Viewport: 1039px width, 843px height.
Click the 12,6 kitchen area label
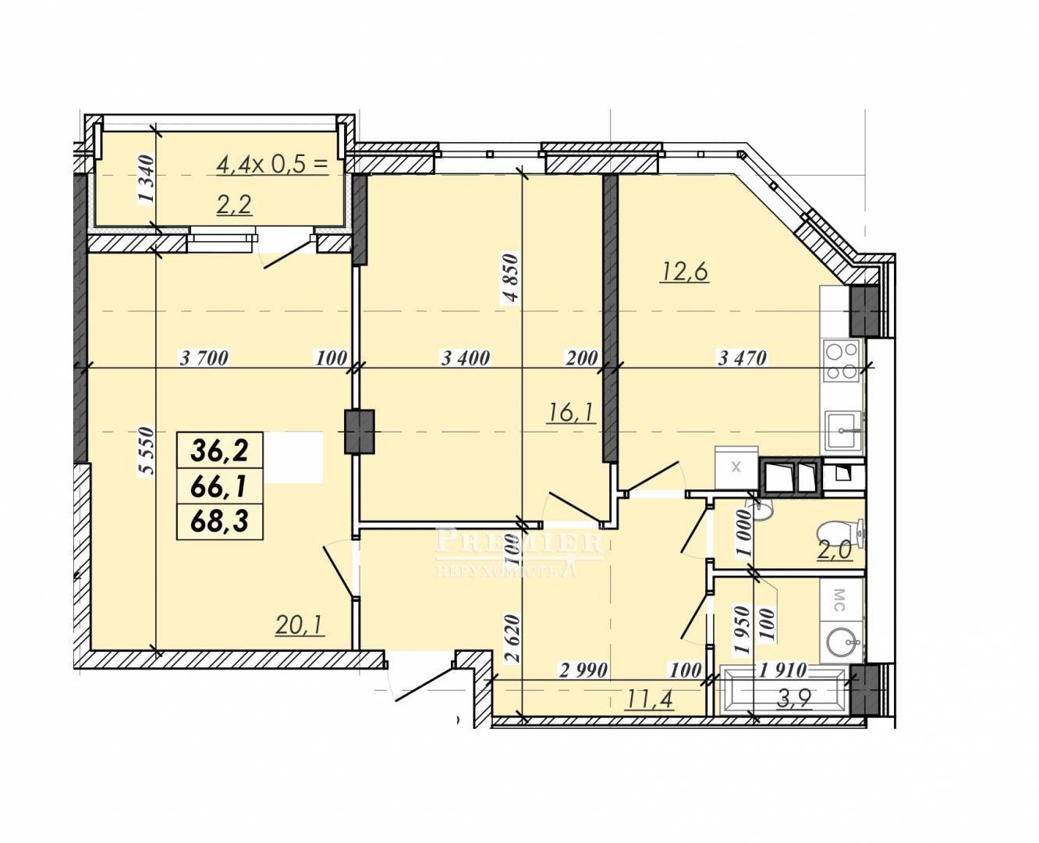[684, 272]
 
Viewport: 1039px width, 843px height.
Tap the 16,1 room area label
[571, 413]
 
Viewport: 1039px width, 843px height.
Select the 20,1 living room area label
[300, 625]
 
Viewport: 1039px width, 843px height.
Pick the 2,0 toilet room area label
[835, 550]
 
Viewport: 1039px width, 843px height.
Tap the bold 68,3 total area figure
[220, 521]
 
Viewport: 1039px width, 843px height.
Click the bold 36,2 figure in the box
[220, 450]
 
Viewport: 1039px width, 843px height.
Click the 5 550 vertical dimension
[147, 450]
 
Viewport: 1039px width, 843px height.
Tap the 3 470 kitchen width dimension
[743, 358]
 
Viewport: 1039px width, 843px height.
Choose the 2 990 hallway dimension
[583, 670]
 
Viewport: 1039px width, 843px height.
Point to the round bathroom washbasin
[843, 643]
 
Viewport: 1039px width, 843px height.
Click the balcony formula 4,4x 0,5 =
[272, 165]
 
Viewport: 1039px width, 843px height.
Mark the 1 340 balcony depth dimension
[147, 178]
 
